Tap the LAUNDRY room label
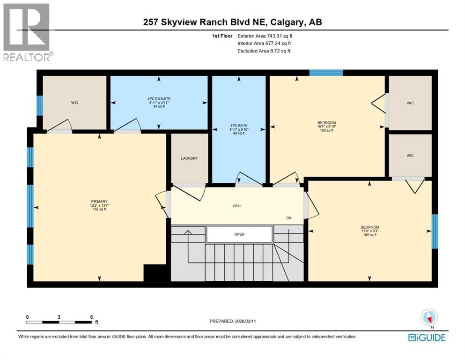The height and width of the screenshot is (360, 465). (189, 158)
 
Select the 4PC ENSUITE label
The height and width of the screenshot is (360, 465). (158, 99)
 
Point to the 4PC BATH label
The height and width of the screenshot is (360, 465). (239, 125)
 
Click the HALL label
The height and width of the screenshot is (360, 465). (236, 206)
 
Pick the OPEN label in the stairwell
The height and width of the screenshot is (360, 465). (239, 234)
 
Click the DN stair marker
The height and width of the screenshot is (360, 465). (289, 218)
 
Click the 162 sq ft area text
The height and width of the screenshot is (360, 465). (99, 209)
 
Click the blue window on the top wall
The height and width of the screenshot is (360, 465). (326, 73)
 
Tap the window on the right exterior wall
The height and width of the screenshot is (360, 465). (434, 232)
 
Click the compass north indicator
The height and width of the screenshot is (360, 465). (429, 317)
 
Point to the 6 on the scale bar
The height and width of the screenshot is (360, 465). (91, 317)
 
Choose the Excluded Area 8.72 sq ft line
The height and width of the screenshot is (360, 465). (264, 51)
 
